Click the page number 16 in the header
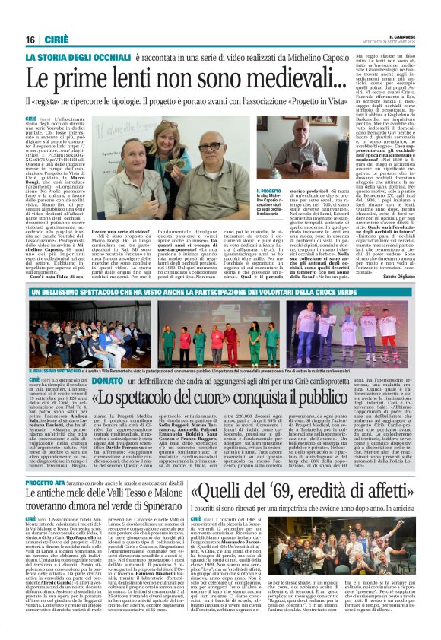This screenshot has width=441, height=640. pyautogui.click(x=30, y=40)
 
